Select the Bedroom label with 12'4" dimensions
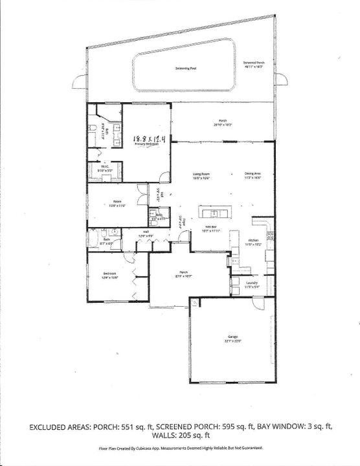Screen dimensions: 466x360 pos(109,274)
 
